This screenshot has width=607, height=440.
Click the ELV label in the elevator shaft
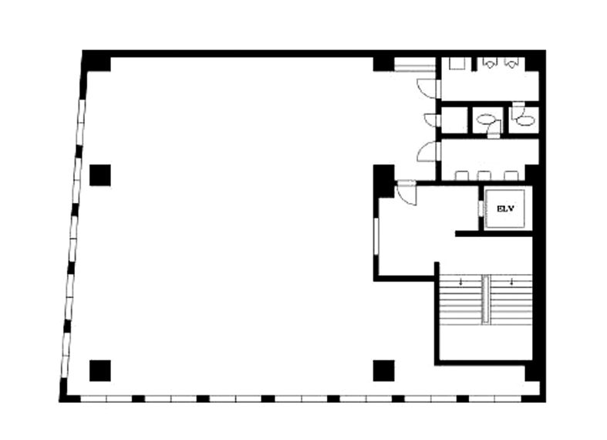pyautogui.click(x=505, y=208)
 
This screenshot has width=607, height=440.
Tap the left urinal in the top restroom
pyautogui.click(x=489, y=63)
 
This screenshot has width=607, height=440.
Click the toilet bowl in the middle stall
pyautogui.click(x=484, y=119)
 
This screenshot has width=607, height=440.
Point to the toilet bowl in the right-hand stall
pyautogui.click(x=525, y=121)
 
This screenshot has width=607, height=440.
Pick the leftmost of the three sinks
pyautogui.click(x=462, y=175)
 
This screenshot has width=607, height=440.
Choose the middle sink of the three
pyautogui.click(x=484, y=175)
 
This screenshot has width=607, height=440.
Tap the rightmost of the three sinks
pyautogui.click(x=511, y=175)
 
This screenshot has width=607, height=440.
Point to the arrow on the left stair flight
pyautogui.click(x=460, y=282)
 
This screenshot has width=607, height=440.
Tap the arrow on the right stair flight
pyautogui.click(x=511, y=282)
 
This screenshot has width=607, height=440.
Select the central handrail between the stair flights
pyautogui.click(x=485, y=299)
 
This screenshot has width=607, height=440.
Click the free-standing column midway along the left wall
pyautogui.click(x=100, y=175)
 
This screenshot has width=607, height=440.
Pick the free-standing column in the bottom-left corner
pyautogui.click(x=100, y=371)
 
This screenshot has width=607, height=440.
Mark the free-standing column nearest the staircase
pyautogui.click(x=384, y=371)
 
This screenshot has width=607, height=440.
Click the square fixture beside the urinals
pyautogui.click(x=457, y=63)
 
